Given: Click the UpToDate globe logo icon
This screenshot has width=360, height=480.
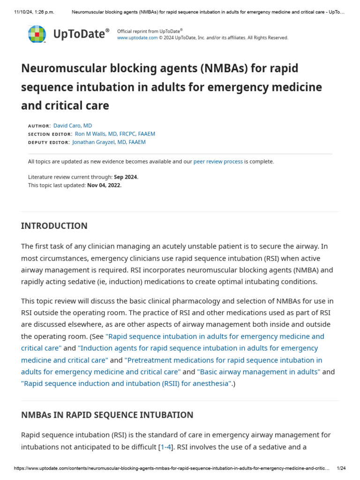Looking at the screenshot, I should click(38, 34).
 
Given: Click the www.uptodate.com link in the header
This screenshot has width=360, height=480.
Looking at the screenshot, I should click(137, 38).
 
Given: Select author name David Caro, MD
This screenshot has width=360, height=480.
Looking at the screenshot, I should click(73, 126).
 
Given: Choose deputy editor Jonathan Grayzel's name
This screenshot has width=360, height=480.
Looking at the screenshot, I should click(109, 142).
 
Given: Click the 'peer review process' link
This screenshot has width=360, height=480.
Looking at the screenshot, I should click(218, 162).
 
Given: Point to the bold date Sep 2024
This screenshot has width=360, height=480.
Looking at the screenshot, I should click(126, 177).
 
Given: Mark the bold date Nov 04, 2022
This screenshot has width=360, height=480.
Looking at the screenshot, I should click(104, 185).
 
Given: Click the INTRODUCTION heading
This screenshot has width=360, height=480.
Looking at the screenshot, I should click(54, 226).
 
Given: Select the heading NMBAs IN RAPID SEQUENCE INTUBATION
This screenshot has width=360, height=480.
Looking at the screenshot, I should click(107, 415).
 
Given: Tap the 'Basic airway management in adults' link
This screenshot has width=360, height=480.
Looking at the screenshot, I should click(259, 372).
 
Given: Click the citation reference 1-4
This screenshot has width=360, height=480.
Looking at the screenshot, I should click(166, 447).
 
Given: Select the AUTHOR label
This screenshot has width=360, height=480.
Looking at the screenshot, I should click(39, 126).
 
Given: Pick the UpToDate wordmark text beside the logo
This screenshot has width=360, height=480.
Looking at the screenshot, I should click(81, 34).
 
